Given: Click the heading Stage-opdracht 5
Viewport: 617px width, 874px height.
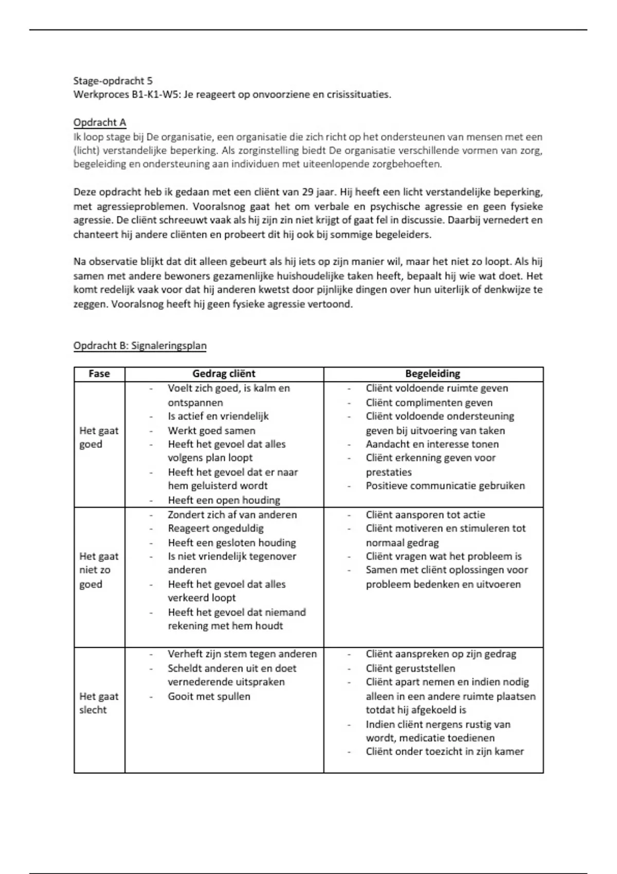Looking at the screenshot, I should pos(113,81).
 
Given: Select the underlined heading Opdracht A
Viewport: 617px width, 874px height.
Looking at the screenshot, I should pos(100,122).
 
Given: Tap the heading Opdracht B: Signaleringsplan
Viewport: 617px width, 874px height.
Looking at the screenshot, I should pos(140,345).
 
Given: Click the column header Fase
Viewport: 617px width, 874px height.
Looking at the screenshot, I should pos(99,374).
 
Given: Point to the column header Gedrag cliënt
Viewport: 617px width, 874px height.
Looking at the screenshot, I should pos(224,374).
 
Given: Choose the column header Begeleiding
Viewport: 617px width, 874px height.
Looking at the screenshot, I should pos(432,374).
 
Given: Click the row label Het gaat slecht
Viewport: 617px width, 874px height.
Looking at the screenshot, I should pos(98,703).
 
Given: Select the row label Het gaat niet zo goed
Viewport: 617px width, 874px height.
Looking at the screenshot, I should pos(98,570).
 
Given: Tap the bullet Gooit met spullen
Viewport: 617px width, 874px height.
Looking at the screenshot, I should pos(209,696).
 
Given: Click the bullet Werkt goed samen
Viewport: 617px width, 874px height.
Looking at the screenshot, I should pos(211,430).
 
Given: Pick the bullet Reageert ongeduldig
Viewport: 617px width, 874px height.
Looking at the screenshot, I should pos(215,528).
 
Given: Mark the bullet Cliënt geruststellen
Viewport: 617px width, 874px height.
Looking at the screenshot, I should pos(410,668).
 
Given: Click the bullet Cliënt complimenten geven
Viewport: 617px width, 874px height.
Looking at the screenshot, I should pos(429,403).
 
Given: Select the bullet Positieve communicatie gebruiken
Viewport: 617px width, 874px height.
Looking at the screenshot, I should pos(445,486).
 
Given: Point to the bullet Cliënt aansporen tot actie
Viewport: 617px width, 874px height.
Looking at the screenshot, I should pos(425,515).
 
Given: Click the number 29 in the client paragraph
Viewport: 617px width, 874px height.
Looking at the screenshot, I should pos(307,192).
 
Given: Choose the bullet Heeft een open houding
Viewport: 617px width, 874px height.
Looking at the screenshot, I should pos(224,500).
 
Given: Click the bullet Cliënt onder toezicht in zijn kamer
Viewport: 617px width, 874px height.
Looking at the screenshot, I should pos(444,752).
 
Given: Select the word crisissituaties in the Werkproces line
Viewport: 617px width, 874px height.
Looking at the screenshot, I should pos(358,95).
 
